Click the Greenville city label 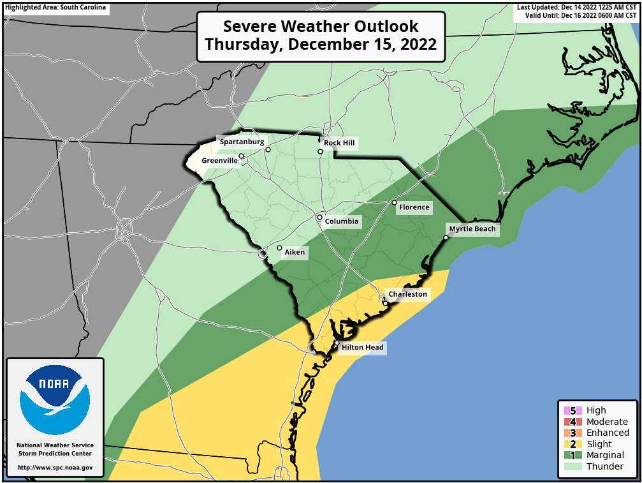click(219, 161)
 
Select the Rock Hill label click(339, 143)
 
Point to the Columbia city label click(342, 222)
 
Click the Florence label click(414, 207)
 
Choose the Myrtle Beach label click(472, 229)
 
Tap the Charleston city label click(407, 294)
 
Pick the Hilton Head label click(362, 348)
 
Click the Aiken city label click(295, 253)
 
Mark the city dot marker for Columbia click(319, 217)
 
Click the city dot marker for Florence click(394, 203)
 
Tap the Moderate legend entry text click(606, 422)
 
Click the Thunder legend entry click(604, 466)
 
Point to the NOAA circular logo click(55, 400)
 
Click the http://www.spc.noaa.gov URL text click(55, 468)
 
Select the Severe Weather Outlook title click(321, 36)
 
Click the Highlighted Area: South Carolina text click(55, 8)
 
